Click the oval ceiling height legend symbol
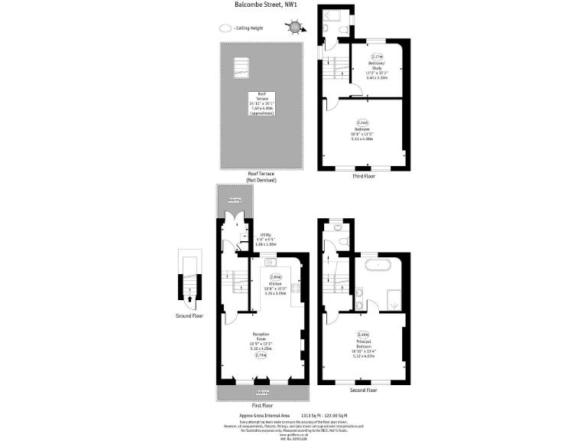(x=225, y=28)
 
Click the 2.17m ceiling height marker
(x=377, y=57)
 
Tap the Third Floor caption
(x=363, y=176)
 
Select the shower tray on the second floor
(x=394, y=301)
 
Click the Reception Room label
(x=263, y=336)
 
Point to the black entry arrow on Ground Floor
(x=190, y=300)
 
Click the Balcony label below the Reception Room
(x=263, y=393)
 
